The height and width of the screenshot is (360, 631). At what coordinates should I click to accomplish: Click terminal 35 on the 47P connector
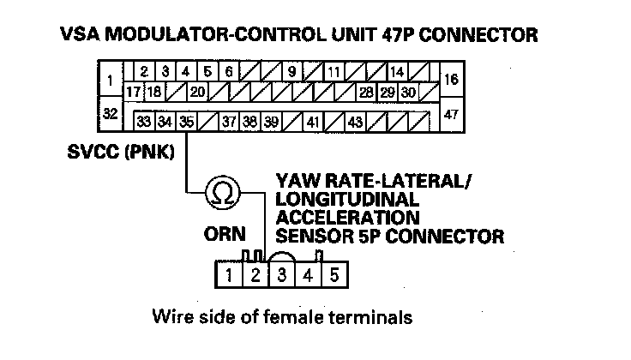186,123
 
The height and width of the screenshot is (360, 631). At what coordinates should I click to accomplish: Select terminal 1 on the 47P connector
110,81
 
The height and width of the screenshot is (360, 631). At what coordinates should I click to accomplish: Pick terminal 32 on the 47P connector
110,113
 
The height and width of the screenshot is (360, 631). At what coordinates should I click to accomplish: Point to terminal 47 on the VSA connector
453,113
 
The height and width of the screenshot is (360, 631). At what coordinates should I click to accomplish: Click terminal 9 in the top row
292,71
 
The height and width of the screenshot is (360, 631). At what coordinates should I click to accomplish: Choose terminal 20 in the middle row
196,92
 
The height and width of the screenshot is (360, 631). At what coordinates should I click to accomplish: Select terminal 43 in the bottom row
355,123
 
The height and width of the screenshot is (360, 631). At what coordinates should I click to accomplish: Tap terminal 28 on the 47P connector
366,92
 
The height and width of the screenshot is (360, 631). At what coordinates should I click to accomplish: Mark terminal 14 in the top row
397,71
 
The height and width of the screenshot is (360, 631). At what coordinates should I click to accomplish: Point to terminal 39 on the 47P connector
271,123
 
